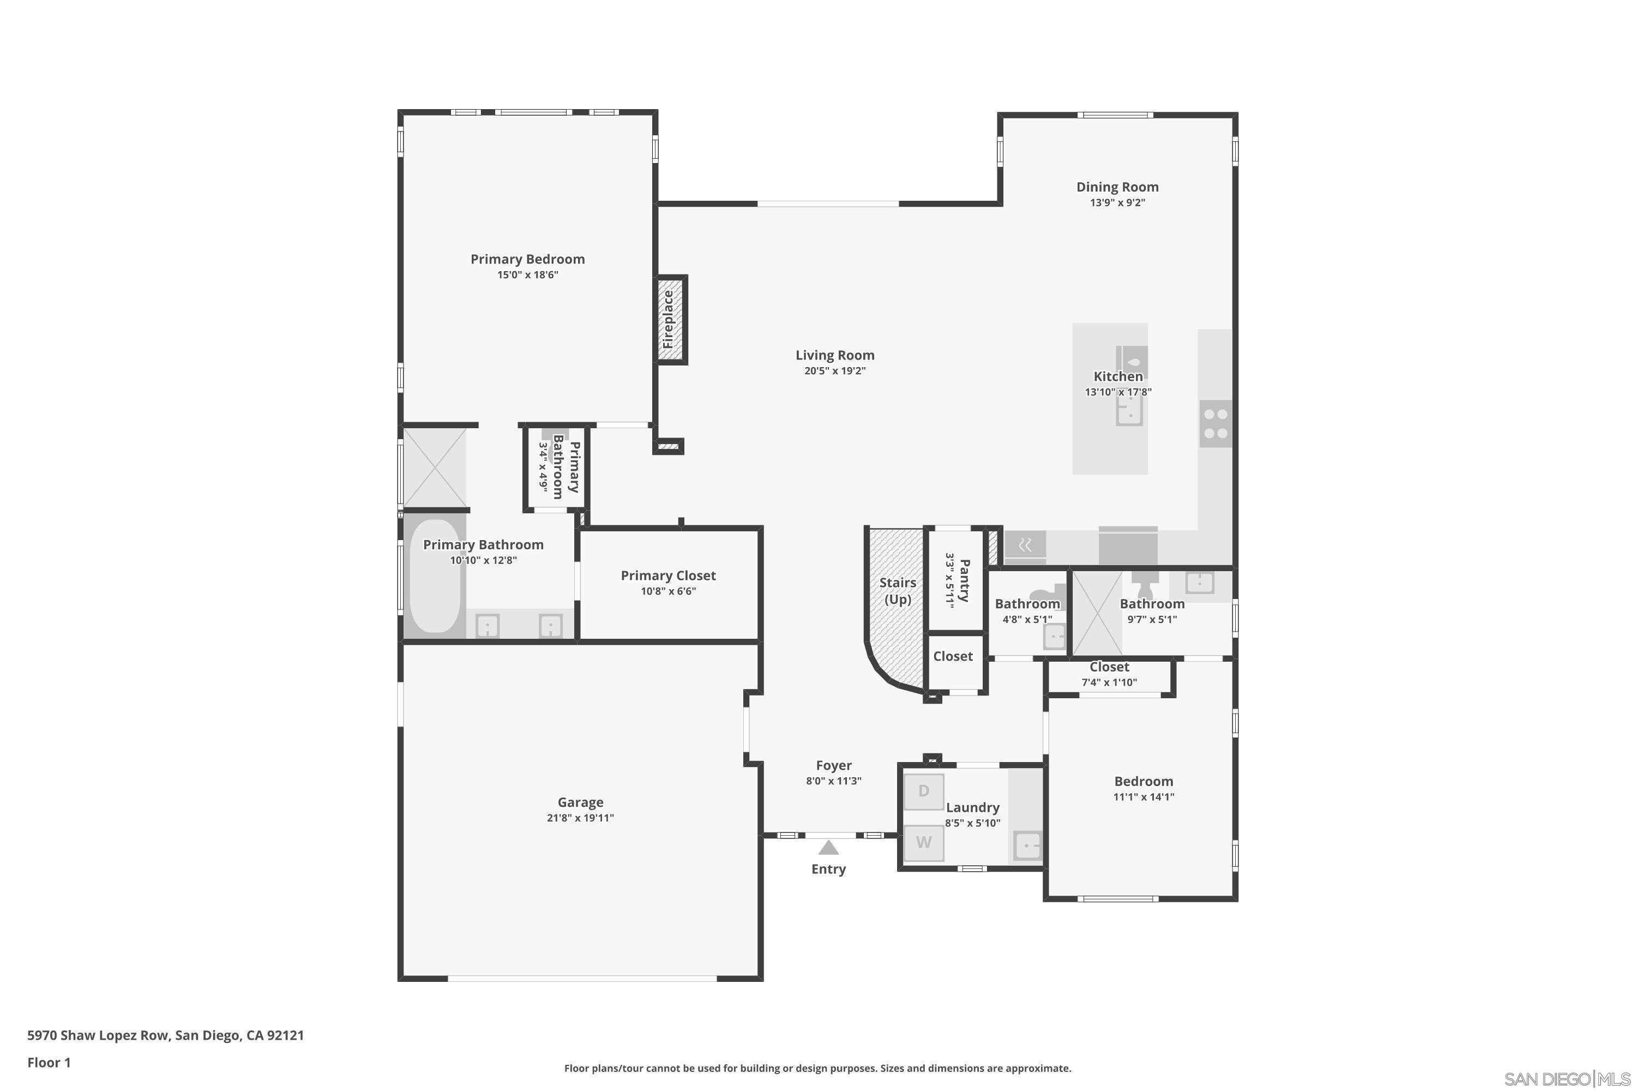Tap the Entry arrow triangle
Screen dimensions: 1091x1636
(828, 848)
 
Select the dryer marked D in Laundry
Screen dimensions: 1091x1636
(923, 791)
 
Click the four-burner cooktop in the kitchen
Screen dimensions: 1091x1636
(1215, 423)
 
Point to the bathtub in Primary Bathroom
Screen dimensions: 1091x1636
(435, 576)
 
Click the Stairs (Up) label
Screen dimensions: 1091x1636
(897, 591)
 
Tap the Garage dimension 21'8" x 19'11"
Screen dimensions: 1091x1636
(580, 818)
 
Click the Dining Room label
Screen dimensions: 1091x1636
(1117, 187)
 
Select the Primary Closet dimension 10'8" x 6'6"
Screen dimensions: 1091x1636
(667, 591)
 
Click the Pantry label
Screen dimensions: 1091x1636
(964, 580)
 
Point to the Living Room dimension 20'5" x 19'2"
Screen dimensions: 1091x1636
(835, 371)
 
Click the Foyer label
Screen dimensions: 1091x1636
(833, 765)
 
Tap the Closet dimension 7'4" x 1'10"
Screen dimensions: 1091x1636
(1109, 682)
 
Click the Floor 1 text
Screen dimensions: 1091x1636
(49, 1063)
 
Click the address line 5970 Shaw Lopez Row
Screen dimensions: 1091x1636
(166, 1035)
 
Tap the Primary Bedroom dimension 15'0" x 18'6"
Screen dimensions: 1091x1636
(527, 275)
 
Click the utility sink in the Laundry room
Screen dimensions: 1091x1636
(1027, 846)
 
